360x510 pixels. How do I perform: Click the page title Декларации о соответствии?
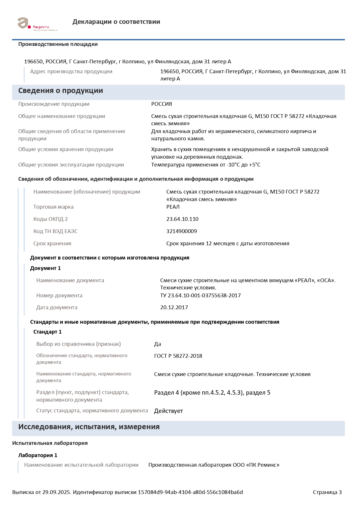click(116, 22)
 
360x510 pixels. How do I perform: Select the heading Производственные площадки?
click(58, 44)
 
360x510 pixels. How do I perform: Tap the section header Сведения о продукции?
click(60, 91)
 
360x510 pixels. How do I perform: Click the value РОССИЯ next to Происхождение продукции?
click(161, 104)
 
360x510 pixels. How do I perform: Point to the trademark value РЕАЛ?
click(173, 207)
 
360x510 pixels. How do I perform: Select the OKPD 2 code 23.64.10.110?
click(182, 219)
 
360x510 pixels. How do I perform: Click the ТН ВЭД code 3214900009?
click(181, 231)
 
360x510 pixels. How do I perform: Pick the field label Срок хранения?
click(52, 244)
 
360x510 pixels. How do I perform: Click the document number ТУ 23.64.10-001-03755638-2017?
click(200, 296)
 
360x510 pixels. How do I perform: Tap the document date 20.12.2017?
click(174, 307)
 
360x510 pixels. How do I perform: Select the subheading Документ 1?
click(45, 268)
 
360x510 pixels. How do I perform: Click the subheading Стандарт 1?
click(47, 332)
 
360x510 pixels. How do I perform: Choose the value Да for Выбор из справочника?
click(157, 344)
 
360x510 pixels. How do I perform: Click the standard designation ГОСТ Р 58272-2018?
click(178, 356)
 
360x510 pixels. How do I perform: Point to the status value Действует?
click(168, 411)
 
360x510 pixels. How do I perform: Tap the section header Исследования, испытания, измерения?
click(89, 427)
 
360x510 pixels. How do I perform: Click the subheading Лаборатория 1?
click(38, 455)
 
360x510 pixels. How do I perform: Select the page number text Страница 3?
click(327, 492)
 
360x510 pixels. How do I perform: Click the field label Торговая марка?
click(53, 207)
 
